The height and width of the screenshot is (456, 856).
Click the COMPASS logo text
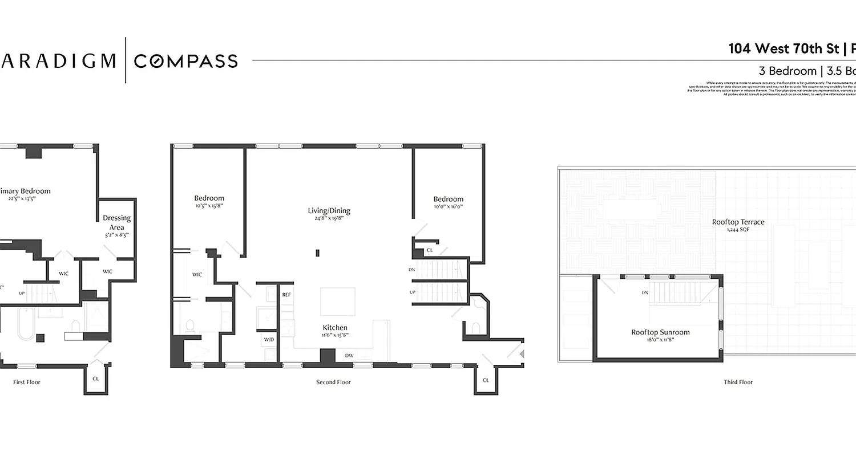click(x=185, y=60)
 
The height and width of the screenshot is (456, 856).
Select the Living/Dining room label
click(x=329, y=210)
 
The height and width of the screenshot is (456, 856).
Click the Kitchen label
click(x=335, y=327)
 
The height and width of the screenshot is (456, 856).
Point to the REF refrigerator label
click(x=286, y=295)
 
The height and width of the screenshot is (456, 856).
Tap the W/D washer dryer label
click(x=269, y=339)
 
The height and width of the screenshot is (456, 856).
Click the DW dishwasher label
click(x=349, y=356)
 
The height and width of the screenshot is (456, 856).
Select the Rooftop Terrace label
click(x=738, y=222)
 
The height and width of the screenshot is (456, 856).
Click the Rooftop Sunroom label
click(x=660, y=332)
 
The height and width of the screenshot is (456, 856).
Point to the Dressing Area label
click(x=116, y=222)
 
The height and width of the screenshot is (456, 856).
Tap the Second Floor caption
click(x=333, y=382)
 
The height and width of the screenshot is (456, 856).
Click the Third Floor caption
click(x=738, y=382)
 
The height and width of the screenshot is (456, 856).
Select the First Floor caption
click(x=27, y=382)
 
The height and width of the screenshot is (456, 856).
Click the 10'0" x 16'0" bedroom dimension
click(x=448, y=207)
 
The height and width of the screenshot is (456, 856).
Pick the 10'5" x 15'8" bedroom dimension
click(x=209, y=206)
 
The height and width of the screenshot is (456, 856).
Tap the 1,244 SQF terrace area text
click(x=738, y=230)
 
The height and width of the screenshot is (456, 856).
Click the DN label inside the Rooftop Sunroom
click(x=644, y=293)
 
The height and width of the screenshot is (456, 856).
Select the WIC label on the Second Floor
click(x=197, y=275)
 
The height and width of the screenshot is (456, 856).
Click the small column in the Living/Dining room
click(x=318, y=253)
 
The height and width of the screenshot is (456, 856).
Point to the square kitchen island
click(x=337, y=301)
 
